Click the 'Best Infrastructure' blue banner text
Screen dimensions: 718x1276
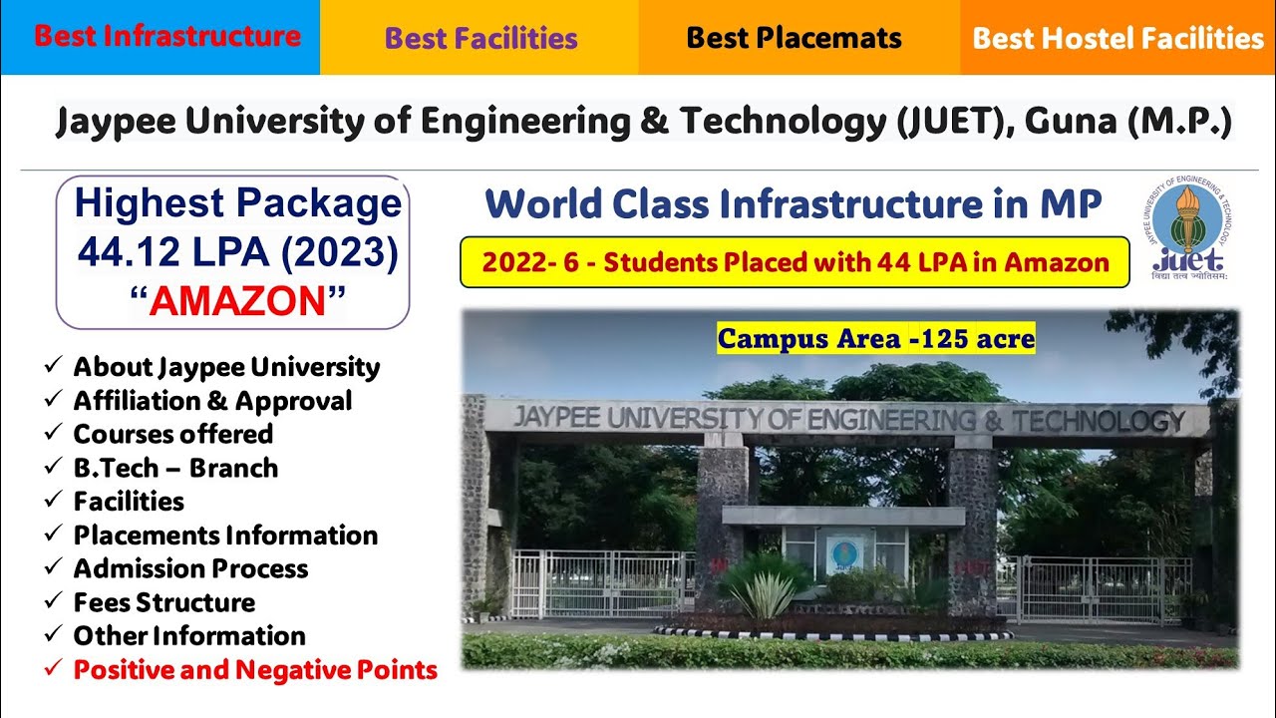point(167,37)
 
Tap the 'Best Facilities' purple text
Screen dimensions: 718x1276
point(480,39)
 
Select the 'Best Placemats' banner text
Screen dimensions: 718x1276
point(794,39)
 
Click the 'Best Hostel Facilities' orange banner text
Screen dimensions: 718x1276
point(1117,39)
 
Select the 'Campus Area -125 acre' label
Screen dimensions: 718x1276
point(876,339)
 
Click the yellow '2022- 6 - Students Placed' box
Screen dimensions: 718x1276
point(795,262)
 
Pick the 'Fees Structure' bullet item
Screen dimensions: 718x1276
point(163,602)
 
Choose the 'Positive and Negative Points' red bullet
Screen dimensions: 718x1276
point(255,670)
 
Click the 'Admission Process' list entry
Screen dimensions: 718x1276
point(190,568)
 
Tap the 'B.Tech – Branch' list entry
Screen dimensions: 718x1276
point(175,468)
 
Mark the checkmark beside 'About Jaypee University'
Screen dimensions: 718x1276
point(52,367)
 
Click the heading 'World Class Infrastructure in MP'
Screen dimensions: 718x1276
point(794,204)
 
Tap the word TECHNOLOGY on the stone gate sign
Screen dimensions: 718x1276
point(1098,421)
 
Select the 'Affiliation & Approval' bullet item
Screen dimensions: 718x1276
point(212,401)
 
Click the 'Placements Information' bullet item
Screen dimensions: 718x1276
point(225,536)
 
